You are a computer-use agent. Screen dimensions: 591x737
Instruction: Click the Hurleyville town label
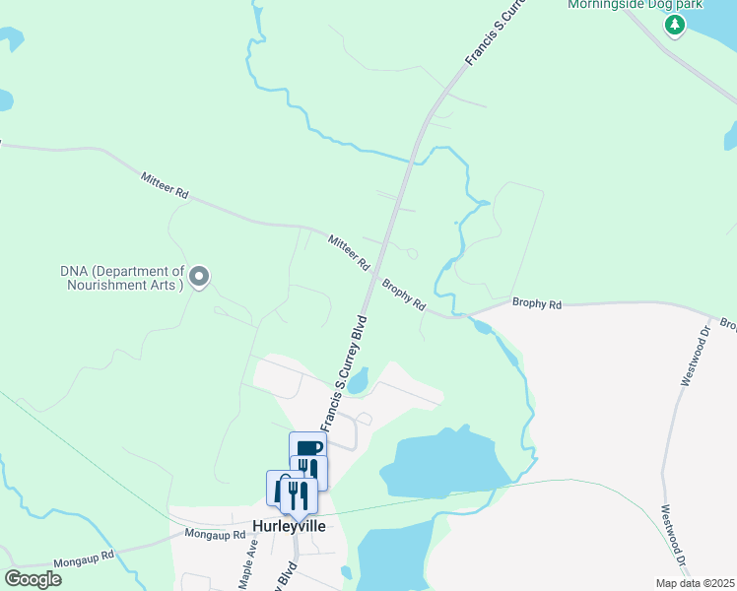coord(290,526)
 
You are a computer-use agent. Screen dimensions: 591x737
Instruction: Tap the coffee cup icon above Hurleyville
coord(307,448)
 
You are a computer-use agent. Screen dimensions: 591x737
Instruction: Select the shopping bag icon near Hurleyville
coord(281,487)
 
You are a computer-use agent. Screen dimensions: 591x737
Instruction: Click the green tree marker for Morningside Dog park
coord(674,26)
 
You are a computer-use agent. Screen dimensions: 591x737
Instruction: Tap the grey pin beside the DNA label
coord(199,277)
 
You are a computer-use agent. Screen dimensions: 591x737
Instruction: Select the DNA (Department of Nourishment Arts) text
coord(123,278)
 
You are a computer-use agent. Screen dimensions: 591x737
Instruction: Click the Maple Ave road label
coord(246,564)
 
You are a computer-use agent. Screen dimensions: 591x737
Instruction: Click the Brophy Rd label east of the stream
coord(536,304)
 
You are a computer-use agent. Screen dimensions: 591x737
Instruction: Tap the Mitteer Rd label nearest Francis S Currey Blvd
coord(348,251)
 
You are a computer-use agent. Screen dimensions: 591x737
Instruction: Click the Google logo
coord(33,578)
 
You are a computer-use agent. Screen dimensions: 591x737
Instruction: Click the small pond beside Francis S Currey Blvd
coord(359,379)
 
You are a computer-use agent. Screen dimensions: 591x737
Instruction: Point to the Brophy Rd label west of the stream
coord(404,294)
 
